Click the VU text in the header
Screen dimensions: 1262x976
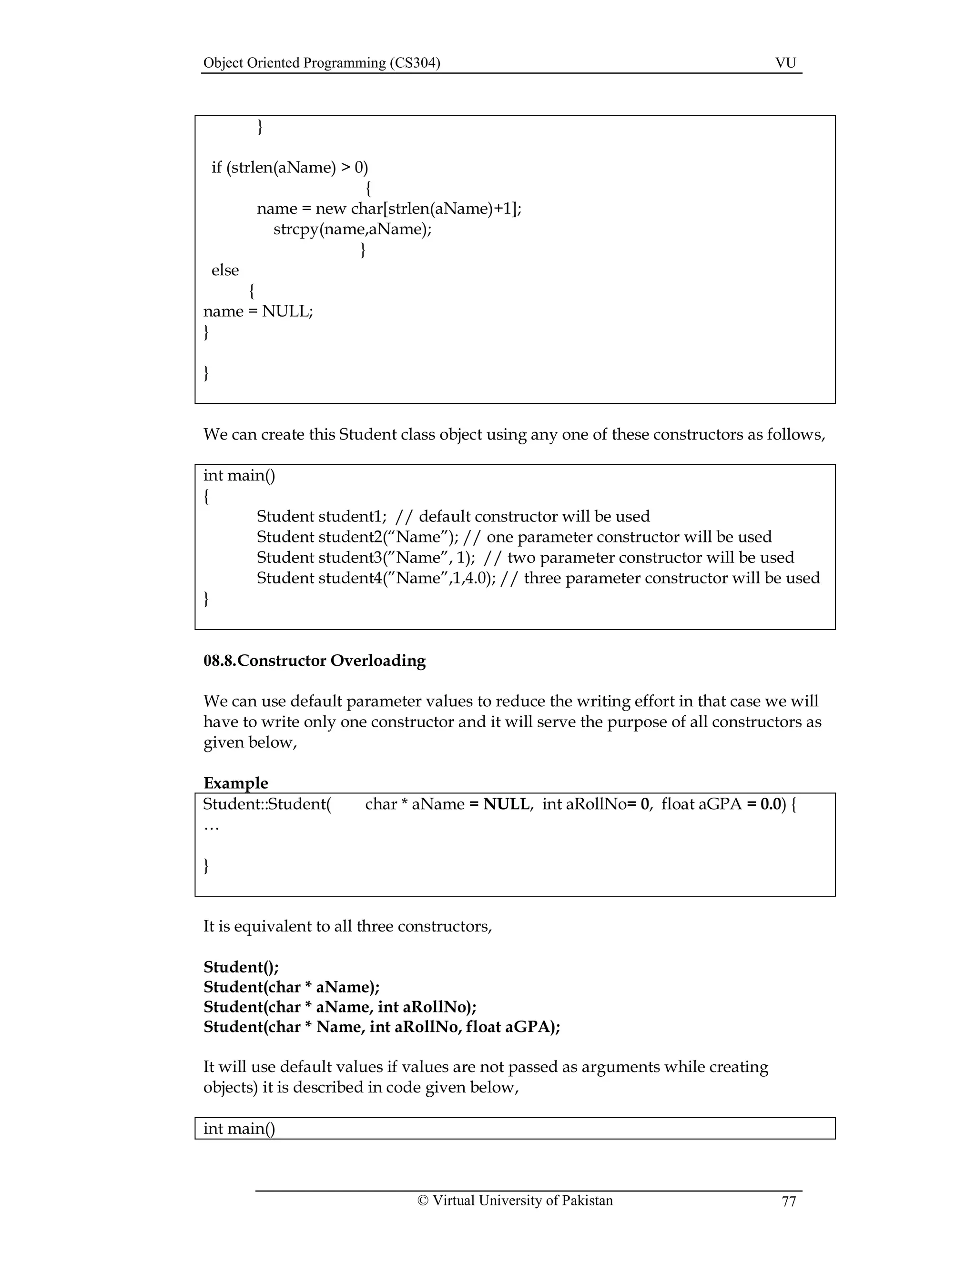point(785,63)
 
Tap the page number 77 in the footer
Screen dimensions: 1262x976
point(789,1202)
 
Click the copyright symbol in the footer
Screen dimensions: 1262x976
point(423,1200)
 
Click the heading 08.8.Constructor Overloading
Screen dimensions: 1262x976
point(314,661)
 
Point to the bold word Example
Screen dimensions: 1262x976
point(235,783)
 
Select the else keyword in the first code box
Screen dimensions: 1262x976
point(225,270)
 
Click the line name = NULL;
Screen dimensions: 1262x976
point(258,311)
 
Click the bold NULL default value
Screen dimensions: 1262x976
point(506,804)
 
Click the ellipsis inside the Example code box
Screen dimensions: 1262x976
point(212,827)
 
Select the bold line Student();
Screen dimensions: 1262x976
point(241,967)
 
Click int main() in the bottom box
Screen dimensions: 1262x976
point(239,1129)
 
